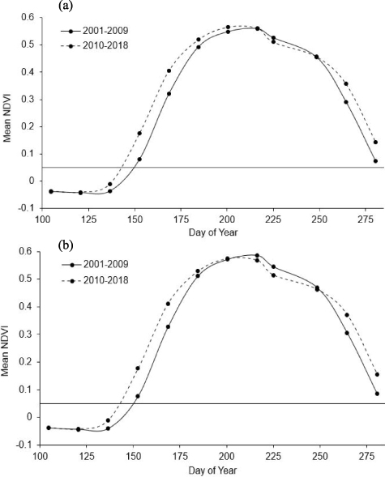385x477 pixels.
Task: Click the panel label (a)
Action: [68, 6]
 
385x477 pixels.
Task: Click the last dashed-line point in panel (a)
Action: [375, 142]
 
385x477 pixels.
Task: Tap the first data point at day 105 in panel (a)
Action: [50, 191]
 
